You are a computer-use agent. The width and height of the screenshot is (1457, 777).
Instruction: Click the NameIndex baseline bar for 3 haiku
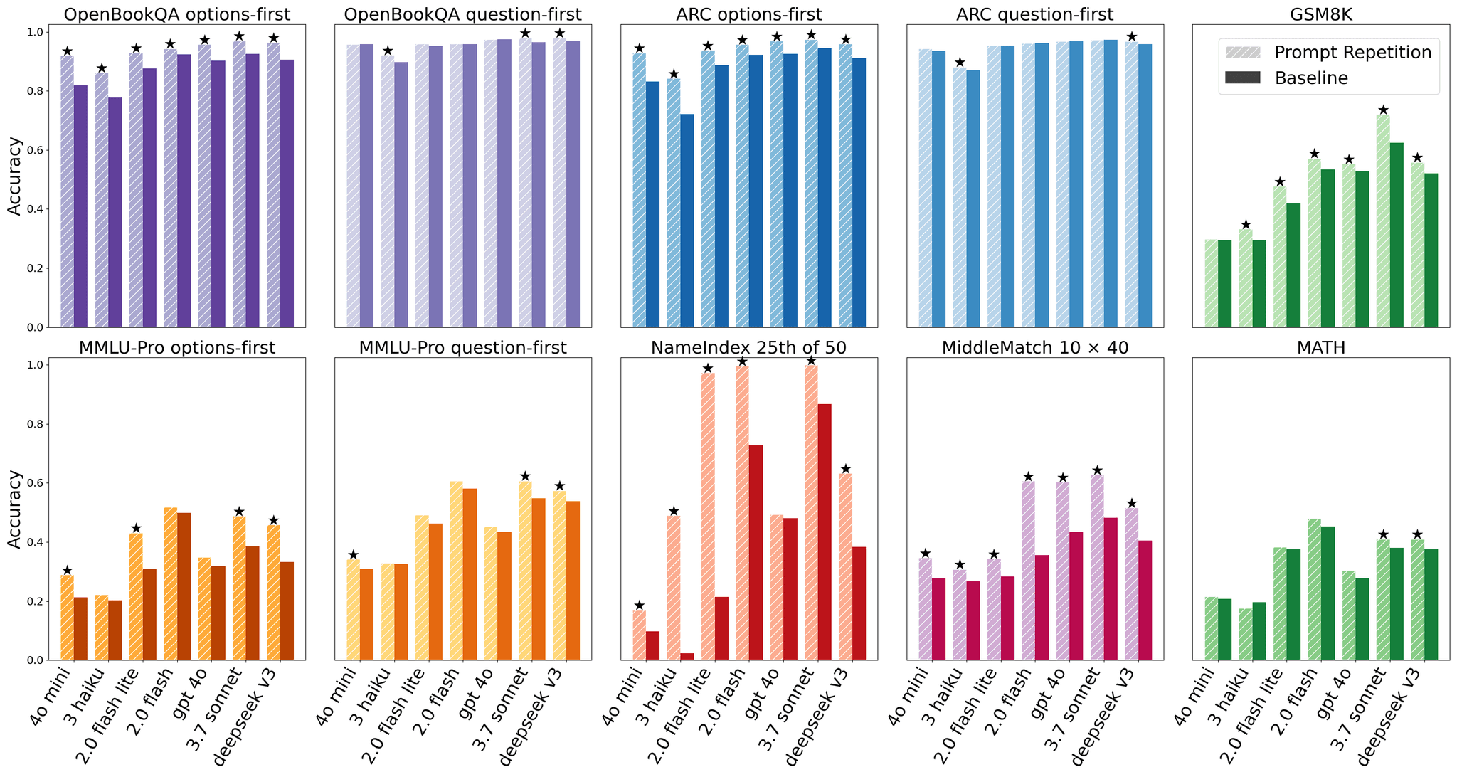[687, 657]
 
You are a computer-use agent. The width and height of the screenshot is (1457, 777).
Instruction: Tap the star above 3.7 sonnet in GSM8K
[1383, 110]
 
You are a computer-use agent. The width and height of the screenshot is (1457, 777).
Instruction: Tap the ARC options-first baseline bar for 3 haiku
[687, 221]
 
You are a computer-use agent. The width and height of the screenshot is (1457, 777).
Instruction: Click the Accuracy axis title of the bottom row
[14, 509]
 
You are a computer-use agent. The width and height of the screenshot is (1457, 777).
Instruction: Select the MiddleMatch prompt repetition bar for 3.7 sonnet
[1097, 567]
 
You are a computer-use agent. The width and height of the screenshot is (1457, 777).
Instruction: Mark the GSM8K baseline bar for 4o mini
[1224, 284]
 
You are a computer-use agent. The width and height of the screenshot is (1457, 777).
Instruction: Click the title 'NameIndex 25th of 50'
[748, 347]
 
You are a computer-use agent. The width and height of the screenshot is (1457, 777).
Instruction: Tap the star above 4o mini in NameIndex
[639, 605]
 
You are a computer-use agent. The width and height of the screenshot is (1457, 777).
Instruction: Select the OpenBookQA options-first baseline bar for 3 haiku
[115, 212]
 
